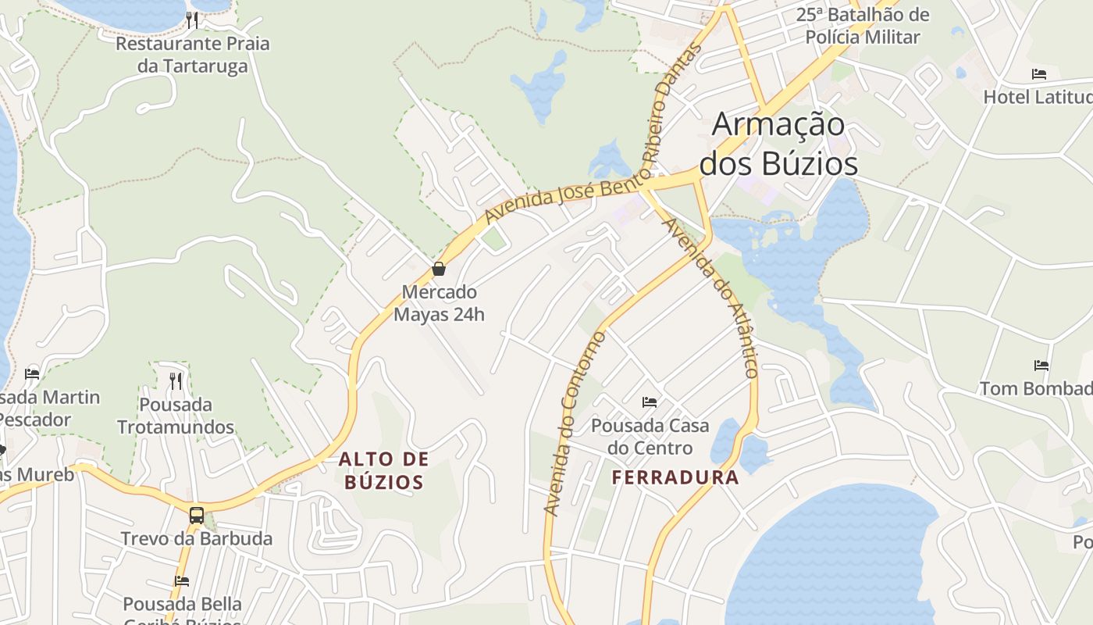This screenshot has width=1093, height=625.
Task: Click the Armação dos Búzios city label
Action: pos(778,144)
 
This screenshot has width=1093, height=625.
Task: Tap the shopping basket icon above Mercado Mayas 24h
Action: pos(439,269)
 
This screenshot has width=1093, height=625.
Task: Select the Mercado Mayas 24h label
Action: pos(439,303)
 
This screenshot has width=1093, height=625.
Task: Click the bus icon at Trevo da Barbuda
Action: pos(197,516)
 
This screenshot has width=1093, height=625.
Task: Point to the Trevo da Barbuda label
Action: pos(197,538)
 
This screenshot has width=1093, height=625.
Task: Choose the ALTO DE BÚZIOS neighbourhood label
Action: pos(384,470)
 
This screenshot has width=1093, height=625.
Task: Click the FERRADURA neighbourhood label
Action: pos(675,477)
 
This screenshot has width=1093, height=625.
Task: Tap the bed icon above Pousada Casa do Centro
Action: pos(650,402)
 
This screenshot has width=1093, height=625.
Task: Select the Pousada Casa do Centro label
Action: pos(650,437)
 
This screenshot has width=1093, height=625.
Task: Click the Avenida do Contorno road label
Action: pos(574,424)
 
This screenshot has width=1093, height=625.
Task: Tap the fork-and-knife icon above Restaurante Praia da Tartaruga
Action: pos(192,20)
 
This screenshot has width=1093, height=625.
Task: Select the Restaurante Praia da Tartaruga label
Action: pos(192,55)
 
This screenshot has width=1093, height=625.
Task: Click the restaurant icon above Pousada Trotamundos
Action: pos(176,381)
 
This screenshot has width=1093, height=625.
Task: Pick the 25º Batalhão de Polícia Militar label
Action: pos(863,26)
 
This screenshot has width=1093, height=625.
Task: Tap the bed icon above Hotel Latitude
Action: pos(1039,74)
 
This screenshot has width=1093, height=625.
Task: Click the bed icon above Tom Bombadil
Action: pos(1041,365)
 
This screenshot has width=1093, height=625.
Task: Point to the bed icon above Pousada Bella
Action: pos(182,580)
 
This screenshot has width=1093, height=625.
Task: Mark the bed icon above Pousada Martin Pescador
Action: pos(32,373)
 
